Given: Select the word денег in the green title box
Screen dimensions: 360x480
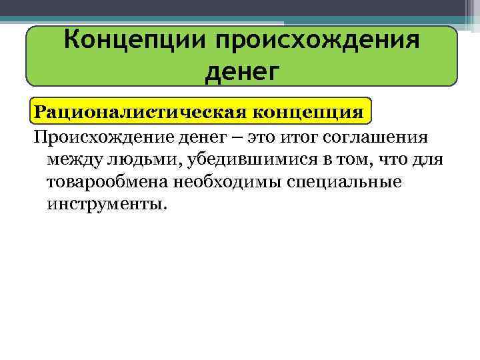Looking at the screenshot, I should coord(240,70).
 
